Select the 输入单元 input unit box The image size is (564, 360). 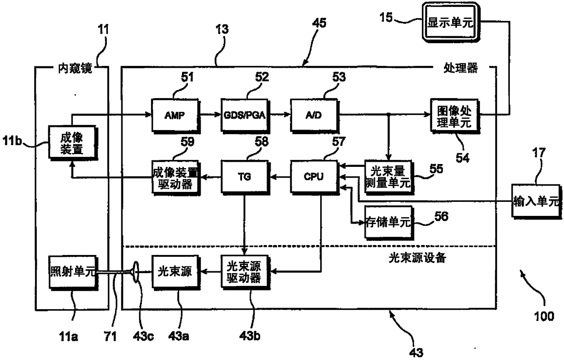point(535,201)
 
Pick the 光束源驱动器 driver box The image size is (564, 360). point(246,272)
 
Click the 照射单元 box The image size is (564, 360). point(72,272)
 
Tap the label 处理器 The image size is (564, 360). point(460,69)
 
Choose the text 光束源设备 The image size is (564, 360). point(417,258)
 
